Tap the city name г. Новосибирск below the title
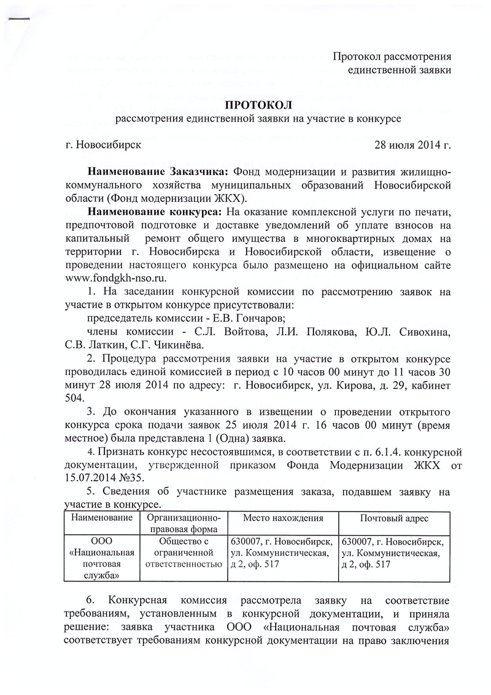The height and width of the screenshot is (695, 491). [x=102, y=146]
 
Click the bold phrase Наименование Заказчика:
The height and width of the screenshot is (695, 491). [x=158, y=170]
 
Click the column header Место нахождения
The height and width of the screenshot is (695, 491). [x=283, y=519]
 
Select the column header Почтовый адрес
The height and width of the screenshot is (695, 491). [x=394, y=519]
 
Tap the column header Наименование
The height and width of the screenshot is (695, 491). [x=102, y=519]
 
